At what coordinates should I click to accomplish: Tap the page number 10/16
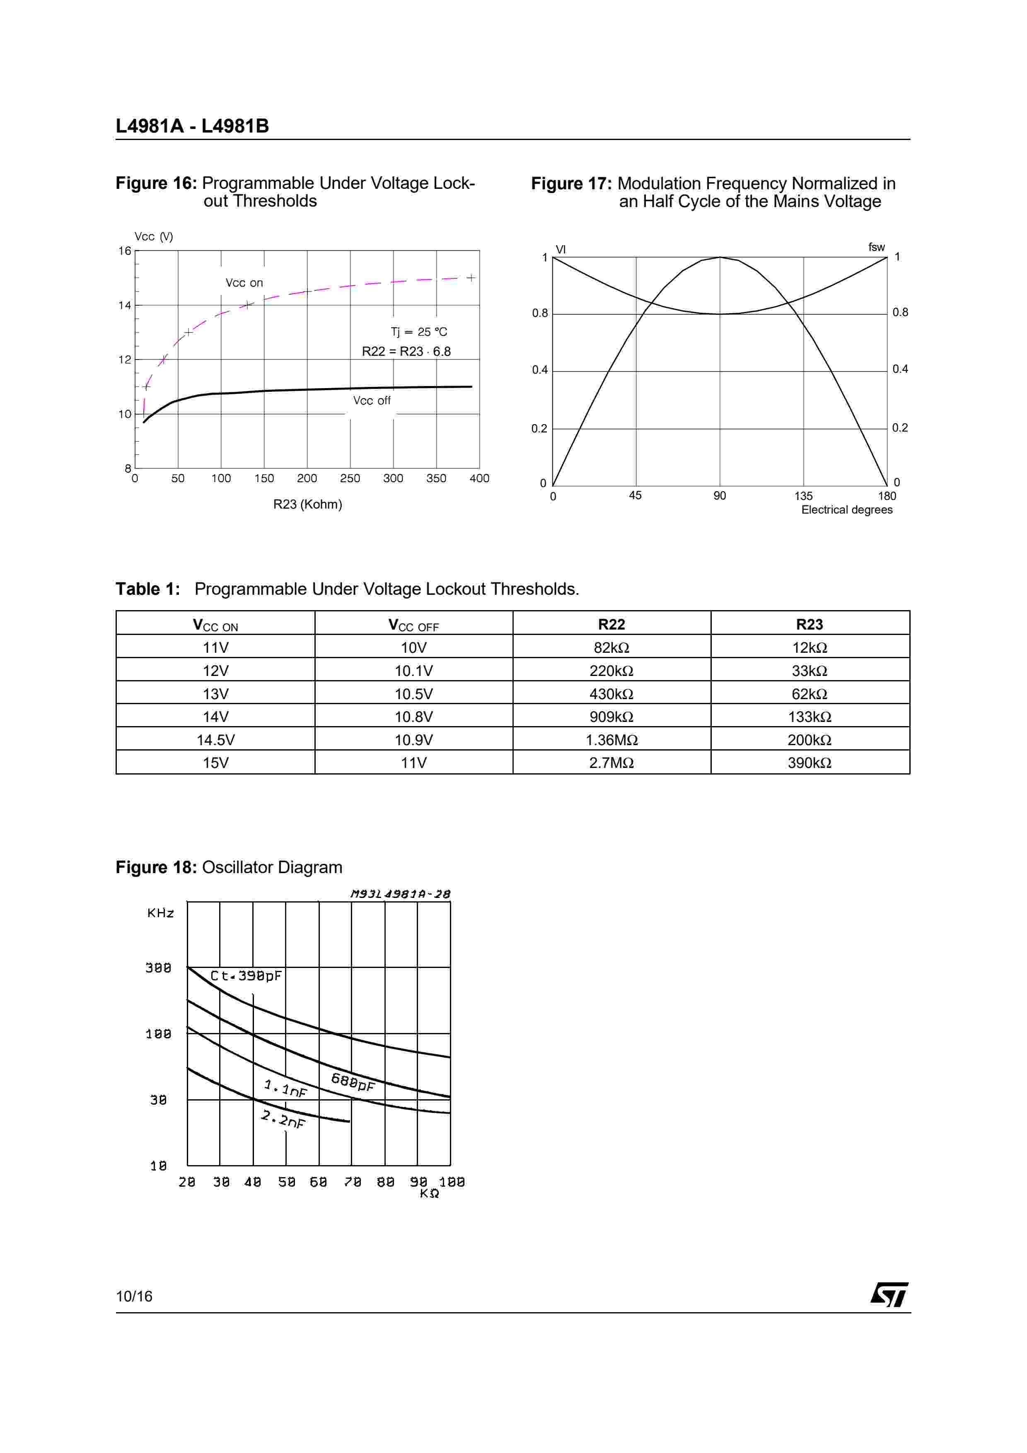pos(134,1296)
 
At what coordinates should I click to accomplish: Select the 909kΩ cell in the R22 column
pos(611,717)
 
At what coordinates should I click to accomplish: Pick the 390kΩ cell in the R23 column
pos(810,763)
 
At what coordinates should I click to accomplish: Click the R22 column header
pos(611,625)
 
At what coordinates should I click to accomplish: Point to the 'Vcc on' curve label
pos(244,283)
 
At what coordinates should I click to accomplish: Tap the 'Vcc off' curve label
pos(372,401)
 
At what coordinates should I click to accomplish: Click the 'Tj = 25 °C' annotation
pos(418,332)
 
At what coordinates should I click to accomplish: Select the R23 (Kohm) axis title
pos(307,504)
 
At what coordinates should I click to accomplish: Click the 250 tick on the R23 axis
pos(350,478)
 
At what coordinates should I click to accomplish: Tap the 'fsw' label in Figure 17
pos(876,247)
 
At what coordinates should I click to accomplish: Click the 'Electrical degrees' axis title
pos(847,510)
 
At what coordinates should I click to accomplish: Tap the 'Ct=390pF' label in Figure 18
pos(246,976)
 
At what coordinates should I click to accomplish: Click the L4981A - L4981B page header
pos(192,126)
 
